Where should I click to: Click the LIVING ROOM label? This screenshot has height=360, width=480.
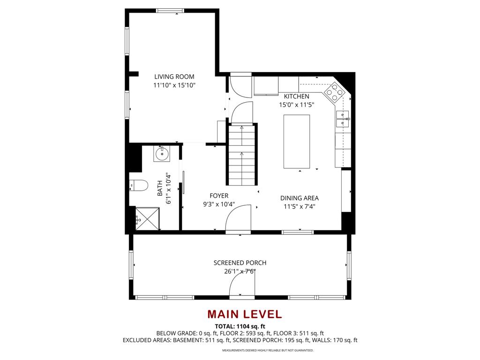[174, 76]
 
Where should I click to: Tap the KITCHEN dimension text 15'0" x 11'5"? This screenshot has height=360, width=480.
[296, 105]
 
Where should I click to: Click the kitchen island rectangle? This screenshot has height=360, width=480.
[296, 141]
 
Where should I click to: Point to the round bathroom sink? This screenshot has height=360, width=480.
[162, 153]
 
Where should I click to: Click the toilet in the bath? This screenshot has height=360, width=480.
[138, 186]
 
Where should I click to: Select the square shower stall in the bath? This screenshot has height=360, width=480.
[146, 218]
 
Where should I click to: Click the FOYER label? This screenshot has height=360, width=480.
[219, 195]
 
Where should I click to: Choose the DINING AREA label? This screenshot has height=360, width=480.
[300, 198]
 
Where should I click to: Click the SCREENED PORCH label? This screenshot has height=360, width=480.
[240, 263]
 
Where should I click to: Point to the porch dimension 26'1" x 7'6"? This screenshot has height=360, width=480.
[240, 271]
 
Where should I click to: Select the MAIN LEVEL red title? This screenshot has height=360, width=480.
[244, 314]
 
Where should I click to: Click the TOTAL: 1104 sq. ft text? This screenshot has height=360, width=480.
[240, 326]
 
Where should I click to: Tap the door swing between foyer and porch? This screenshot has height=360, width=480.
[238, 220]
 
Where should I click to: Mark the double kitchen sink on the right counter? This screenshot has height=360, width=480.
[342, 120]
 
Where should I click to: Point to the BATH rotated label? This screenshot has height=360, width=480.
[160, 188]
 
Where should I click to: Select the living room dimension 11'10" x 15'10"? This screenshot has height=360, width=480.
[174, 85]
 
